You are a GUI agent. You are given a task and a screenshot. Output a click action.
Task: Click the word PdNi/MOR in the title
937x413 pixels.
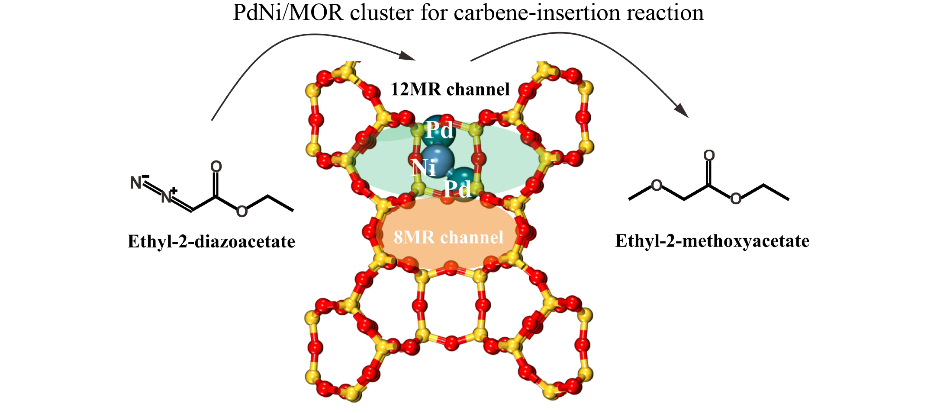(x=288, y=13)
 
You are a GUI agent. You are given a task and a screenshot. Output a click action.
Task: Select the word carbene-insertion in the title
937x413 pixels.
(x=537, y=13)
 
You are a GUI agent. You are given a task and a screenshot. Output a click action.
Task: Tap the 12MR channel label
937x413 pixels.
(x=450, y=89)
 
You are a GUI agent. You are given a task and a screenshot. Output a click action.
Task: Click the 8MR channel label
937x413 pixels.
(x=448, y=237)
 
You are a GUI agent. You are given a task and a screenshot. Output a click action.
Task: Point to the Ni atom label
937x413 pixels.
(x=424, y=167)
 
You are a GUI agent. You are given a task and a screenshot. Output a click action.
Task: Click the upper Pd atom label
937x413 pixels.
(x=440, y=130)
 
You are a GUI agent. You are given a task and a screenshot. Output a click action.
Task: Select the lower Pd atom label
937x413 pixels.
(x=458, y=189)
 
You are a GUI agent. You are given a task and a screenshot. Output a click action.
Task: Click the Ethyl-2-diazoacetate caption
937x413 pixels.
(x=211, y=241)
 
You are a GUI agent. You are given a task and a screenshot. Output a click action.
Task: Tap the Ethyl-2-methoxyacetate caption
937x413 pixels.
(x=712, y=241)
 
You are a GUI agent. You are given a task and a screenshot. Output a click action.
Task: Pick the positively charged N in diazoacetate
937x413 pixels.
(x=167, y=197)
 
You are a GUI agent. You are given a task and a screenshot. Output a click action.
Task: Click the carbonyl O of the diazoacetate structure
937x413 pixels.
(x=216, y=166)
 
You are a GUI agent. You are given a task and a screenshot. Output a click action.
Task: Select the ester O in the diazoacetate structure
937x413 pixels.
(x=242, y=211)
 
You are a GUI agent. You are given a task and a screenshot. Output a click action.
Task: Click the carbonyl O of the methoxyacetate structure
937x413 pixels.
(x=709, y=155)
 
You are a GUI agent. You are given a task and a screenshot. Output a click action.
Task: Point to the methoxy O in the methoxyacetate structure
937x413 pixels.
(x=657, y=186)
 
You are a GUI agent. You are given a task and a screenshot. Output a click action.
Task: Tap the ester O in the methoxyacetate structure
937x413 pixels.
(x=736, y=199)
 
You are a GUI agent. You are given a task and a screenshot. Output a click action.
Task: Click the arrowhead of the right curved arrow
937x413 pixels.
(x=682, y=110)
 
